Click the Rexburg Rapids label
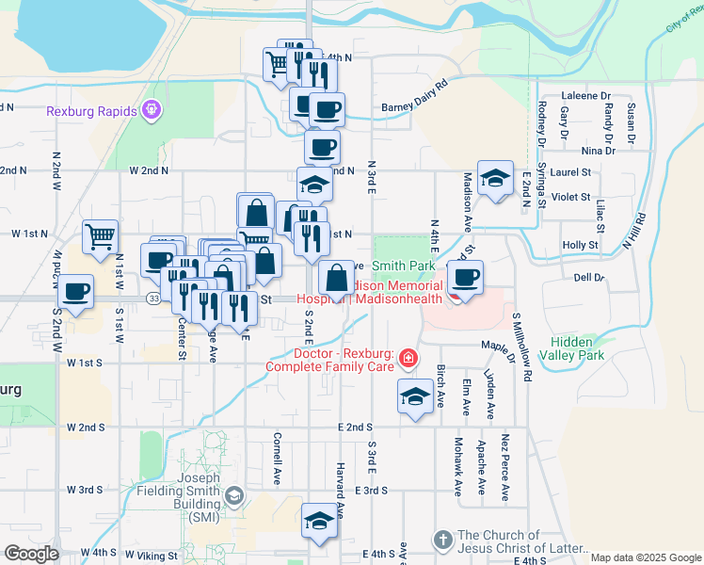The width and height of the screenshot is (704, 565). pyautogui.click(x=91, y=111)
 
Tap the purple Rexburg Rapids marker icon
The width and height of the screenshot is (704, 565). pyautogui.click(x=151, y=111)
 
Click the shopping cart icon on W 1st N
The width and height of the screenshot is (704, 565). pyautogui.click(x=100, y=236)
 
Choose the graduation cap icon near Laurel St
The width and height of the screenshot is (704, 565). pyautogui.click(x=494, y=177)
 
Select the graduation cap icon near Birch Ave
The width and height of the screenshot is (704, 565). pyautogui.click(x=414, y=395)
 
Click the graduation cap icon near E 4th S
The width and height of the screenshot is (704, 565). pyautogui.click(x=319, y=520)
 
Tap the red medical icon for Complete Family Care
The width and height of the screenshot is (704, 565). pyautogui.click(x=408, y=357)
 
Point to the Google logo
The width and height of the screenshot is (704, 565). pyautogui.click(x=32, y=554)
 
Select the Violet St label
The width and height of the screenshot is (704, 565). pyautogui.click(x=571, y=198)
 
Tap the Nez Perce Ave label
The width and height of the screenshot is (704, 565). pyautogui.click(x=505, y=467)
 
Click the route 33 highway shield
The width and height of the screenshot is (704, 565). pyautogui.click(x=152, y=299)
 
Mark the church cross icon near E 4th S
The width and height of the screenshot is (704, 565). pyautogui.click(x=443, y=540)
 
